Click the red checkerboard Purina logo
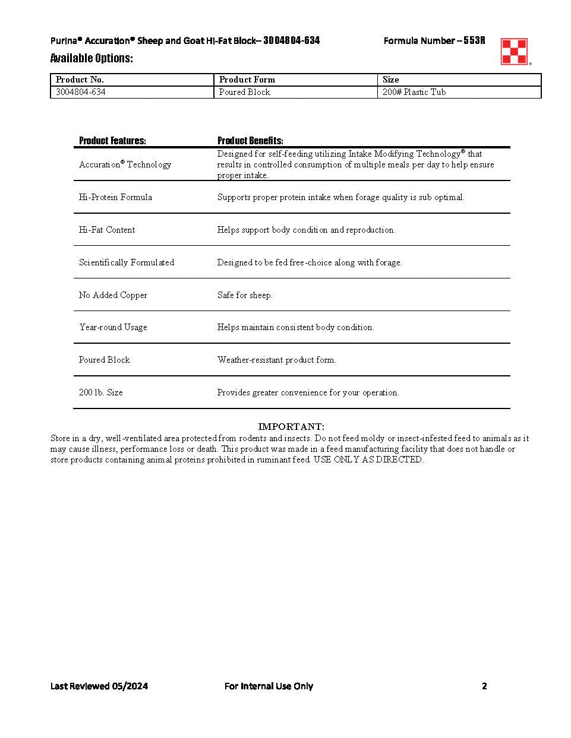(514, 51)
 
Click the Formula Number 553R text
(434, 40)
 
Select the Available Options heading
(92, 58)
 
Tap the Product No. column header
(80, 80)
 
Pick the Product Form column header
(247, 80)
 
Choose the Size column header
(390, 80)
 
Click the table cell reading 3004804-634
(81, 92)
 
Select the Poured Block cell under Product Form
(244, 92)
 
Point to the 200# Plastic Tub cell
(414, 92)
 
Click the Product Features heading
(112, 141)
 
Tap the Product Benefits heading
(250, 141)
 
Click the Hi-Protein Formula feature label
(115, 197)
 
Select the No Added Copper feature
(113, 295)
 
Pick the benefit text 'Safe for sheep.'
(245, 295)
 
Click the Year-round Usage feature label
(113, 327)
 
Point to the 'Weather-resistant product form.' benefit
(276, 360)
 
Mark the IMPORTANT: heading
(291, 427)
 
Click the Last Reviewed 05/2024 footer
(99, 686)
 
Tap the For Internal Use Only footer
(269, 686)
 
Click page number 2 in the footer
(484, 686)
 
